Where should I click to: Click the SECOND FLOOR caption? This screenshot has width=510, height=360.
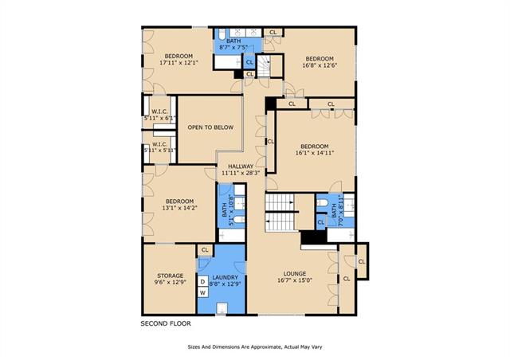pyautogui.click(x=166, y=323)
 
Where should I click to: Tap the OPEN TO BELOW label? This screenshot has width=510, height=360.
pyautogui.click(x=210, y=127)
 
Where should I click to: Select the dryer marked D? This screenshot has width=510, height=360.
pyautogui.click(x=203, y=282)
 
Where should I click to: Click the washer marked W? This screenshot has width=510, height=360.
pyautogui.click(x=203, y=292)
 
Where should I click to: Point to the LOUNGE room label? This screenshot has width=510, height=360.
pyautogui.click(x=295, y=274)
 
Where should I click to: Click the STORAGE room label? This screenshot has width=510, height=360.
pyautogui.click(x=170, y=276)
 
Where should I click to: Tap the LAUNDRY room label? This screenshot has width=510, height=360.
pyautogui.click(x=225, y=277)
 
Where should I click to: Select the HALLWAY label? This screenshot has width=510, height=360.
pyautogui.click(x=241, y=166)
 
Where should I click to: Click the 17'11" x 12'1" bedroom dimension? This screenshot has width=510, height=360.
pyautogui.click(x=178, y=63)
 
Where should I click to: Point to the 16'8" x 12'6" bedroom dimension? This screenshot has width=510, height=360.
pyautogui.click(x=320, y=65)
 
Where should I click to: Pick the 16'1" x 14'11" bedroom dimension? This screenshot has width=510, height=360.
pyautogui.click(x=315, y=152)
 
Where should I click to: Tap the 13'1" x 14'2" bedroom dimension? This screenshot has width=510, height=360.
pyautogui.click(x=179, y=208)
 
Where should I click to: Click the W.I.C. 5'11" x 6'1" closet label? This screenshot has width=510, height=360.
pyautogui.click(x=159, y=115)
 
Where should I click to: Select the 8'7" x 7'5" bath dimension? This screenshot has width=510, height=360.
pyautogui.click(x=233, y=48)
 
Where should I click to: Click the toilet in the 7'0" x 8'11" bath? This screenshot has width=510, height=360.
pyautogui.click(x=322, y=203)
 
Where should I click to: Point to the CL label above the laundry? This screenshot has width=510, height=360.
pyautogui.click(x=205, y=250)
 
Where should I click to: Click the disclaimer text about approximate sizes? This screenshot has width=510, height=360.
pyautogui.click(x=255, y=347)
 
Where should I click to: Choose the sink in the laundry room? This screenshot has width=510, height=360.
pyautogui.click(x=222, y=308)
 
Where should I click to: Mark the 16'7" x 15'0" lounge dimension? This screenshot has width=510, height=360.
pyautogui.click(x=295, y=280)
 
